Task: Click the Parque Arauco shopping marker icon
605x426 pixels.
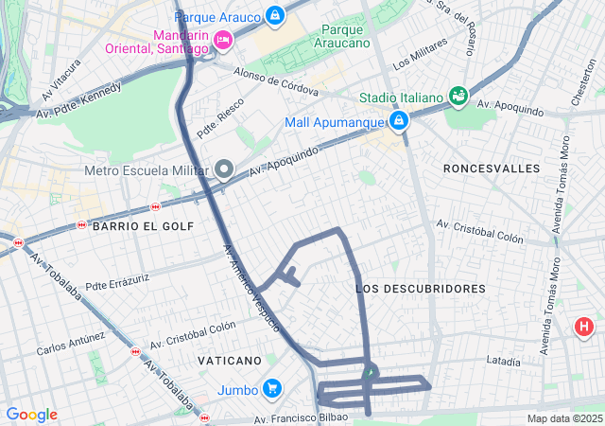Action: pyautogui.click(x=274, y=15)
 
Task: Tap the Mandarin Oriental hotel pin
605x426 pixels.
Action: pyautogui.click(x=223, y=39)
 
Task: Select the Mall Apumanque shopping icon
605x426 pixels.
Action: pyautogui.click(x=399, y=121)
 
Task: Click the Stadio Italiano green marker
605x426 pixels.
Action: pyautogui.click(x=458, y=97)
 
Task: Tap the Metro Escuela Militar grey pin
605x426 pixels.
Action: pyautogui.click(x=224, y=170)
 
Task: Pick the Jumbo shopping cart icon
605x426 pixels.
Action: pyautogui.click(x=272, y=388)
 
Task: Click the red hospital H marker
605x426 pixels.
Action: pyautogui.click(x=584, y=328)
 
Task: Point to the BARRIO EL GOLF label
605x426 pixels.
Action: pyautogui.click(x=143, y=226)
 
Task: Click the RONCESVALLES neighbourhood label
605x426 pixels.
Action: pyautogui.click(x=492, y=169)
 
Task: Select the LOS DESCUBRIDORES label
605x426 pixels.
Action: pyautogui.click(x=421, y=288)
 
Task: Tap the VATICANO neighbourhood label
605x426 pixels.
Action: pyautogui.click(x=229, y=361)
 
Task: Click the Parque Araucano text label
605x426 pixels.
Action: pyautogui.click(x=342, y=37)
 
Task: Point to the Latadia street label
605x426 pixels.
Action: pyautogui.click(x=503, y=361)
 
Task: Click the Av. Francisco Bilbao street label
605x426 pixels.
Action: pyautogui.click(x=300, y=417)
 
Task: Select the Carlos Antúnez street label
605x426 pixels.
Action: pyautogui.click(x=71, y=343)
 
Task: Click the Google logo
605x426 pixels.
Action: pyautogui.click(x=31, y=415)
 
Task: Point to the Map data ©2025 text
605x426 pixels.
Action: pyautogui.click(x=563, y=418)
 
